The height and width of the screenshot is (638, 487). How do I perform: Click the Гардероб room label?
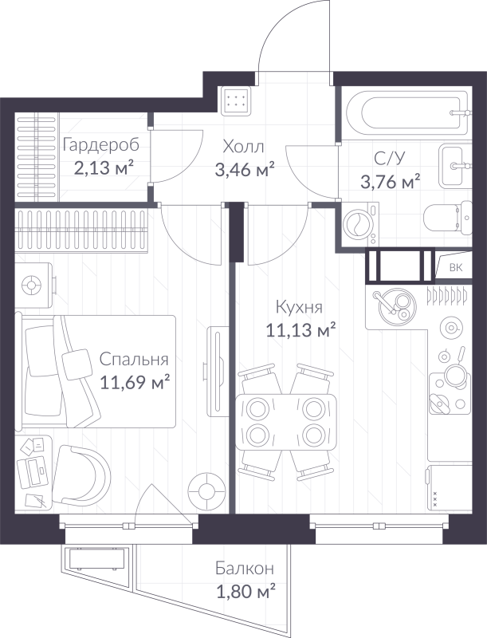pyautogui.click(x=101, y=146)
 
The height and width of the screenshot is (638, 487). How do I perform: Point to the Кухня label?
pyautogui.click(x=299, y=307)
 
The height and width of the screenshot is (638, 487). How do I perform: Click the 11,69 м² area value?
pyautogui.click(x=135, y=382)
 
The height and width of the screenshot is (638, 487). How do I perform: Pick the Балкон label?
pyautogui.click(x=245, y=568)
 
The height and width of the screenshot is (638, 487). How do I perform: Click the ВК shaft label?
pyautogui.click(x=456, y=268)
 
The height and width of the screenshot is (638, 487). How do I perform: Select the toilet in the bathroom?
pyautogui.click(x=448, y=218)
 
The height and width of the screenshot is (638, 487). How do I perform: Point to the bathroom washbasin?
pyautogui.click(x=454, y=166)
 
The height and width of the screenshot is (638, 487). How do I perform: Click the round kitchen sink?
pyautogui.click(x=397, y=306)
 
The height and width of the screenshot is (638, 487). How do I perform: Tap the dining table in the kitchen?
pyautogui.click(x=286, y=422)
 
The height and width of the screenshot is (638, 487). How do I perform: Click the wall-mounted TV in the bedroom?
pyautogui.click(x=216, y=371)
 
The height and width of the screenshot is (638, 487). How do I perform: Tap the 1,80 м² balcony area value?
pyautogui.click(x=245, y=591)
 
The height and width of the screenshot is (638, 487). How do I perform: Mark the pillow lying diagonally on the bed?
pyautogui.click(x=77, y=364)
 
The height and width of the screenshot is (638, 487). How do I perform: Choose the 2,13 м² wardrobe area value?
pyautogui.click(x=104, y=167)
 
